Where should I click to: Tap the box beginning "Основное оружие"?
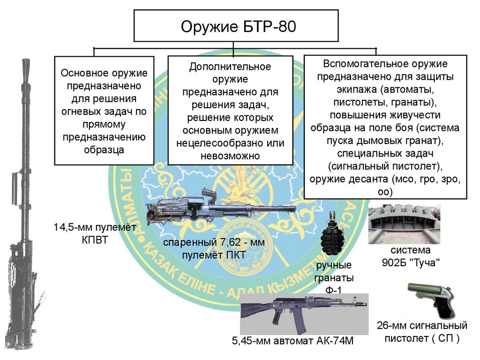pos(104,111)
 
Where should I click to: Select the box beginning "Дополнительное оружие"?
pos(230,111)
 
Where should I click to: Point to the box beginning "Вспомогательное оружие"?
pos(385,127)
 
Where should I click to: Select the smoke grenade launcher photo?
pos(404,224)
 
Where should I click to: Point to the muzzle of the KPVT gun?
pos(24,66)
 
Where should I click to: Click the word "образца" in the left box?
pos(104,150)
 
